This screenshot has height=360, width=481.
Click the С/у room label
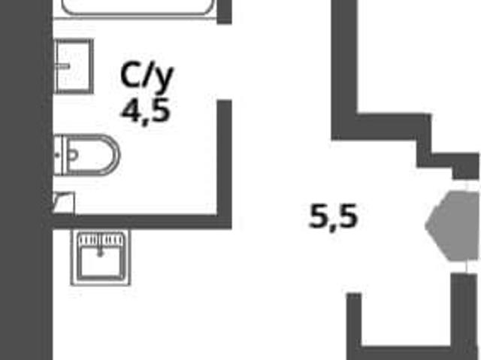[x=147, y=77]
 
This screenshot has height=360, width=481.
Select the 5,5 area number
[x=334, y=216]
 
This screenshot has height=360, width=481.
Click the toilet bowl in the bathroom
[x=87, y=155]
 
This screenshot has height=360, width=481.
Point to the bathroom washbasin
[x=74, y=66]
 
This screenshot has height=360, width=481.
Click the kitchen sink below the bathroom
[x=101, y=258]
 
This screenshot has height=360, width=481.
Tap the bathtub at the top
[x=138, y=8]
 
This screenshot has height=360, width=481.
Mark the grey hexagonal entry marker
[x=452, y=226]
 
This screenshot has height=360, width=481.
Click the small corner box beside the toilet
[x=64, y=203]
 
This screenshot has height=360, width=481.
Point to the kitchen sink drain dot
[x=100, y=254]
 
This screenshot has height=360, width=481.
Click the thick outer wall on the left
[x=26, y=180]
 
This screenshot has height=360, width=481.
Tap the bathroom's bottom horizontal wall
[x=142, y=222]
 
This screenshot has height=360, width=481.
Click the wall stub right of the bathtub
[x=224, y=12]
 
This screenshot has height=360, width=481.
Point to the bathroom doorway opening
[x=224, y=62]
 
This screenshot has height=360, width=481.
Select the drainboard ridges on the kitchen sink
[x=101, y=240]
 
